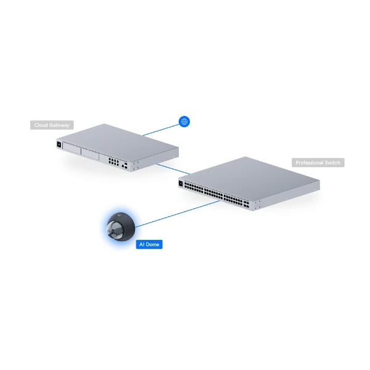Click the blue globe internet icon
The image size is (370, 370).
point(184,121)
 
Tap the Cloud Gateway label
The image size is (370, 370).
point(52,125)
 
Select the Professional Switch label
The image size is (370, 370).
point(318,163)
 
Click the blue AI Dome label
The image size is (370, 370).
point(149,244)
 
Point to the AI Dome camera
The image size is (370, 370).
point(121,227)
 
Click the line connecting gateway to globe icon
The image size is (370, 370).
point(161,130)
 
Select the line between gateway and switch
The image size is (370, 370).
point(173,169)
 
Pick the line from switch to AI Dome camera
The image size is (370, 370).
point(178,214)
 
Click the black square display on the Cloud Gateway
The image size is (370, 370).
point(59,144)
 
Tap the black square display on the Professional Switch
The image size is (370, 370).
point(181,184)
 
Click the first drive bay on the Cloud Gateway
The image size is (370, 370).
point(72,149)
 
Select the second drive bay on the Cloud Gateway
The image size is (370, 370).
point(90,154)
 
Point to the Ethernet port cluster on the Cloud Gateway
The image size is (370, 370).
point(113,162)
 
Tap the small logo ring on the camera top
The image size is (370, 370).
point(119,215)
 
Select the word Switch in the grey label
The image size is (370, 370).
point(332,163)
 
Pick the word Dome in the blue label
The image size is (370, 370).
point(152,244)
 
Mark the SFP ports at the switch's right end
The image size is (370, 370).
point(246,204)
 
